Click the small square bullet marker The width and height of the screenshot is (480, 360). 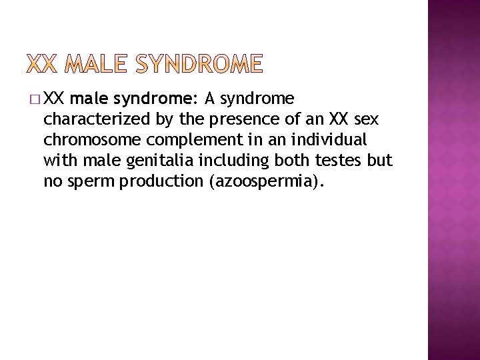33,101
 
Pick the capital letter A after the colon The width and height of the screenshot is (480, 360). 209,100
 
